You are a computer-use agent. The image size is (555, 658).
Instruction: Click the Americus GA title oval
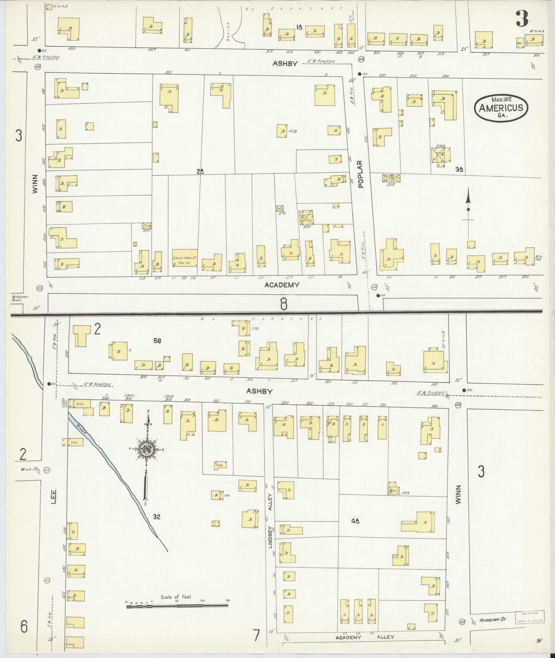coord(501,108)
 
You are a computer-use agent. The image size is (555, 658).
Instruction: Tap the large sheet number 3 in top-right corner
coord(522,19)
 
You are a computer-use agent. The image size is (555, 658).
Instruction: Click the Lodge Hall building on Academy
coord(185,258)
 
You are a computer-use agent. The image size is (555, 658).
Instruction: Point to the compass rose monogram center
coord(146,449)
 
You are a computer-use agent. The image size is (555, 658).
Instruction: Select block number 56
coord(158,341)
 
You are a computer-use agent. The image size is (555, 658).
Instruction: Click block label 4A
coord(355,521)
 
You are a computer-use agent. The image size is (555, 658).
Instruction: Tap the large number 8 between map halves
coord(283,304)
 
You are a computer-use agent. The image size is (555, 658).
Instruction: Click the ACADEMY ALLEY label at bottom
coord(365,637)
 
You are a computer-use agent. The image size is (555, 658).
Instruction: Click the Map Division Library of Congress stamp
coord(529,617)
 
